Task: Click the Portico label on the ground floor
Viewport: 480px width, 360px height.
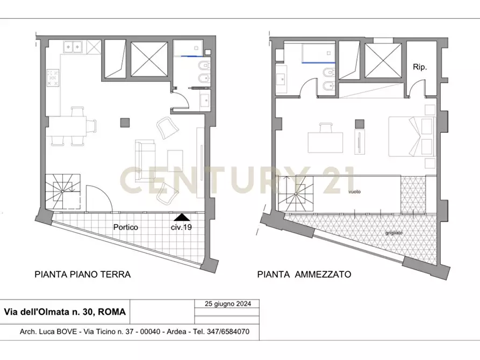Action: [x=125, y=227]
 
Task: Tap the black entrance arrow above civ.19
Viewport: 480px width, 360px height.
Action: [x=182, y=217]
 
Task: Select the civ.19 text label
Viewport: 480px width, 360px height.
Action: [x=181, y=227]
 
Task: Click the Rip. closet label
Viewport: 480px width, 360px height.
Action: [x=420, y=67]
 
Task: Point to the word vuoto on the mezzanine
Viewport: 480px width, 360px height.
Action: [x=354, y=191]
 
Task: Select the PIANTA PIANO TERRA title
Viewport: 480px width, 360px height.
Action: [x=82, y=274]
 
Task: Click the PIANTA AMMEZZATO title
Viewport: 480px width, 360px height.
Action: [x=304, y=274]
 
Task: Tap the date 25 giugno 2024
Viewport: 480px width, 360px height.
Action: [x=227, y=304]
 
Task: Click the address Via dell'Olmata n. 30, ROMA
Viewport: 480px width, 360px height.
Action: [x=65, y=312]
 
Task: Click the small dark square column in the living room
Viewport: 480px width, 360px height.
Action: [x=125, y=123]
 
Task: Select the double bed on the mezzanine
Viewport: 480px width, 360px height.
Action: [x=411, y=136]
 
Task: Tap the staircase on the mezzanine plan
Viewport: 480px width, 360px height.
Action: [x=295, y=193]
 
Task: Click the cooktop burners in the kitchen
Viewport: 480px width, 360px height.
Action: [x=53, y=78]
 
